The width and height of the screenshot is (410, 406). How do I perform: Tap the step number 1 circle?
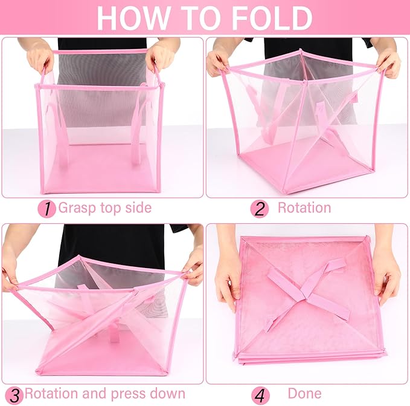coord(46,209)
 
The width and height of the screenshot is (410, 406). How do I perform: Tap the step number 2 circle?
coord(260,209)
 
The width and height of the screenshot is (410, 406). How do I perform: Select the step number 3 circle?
coord(13,395)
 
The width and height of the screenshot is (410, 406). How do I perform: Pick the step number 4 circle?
coord(260,395)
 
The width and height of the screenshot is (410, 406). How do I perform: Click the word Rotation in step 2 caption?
coord(304,208)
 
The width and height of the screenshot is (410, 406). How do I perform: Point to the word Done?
coord(304,394)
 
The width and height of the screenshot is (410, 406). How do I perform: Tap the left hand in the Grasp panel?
coord(40,58)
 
